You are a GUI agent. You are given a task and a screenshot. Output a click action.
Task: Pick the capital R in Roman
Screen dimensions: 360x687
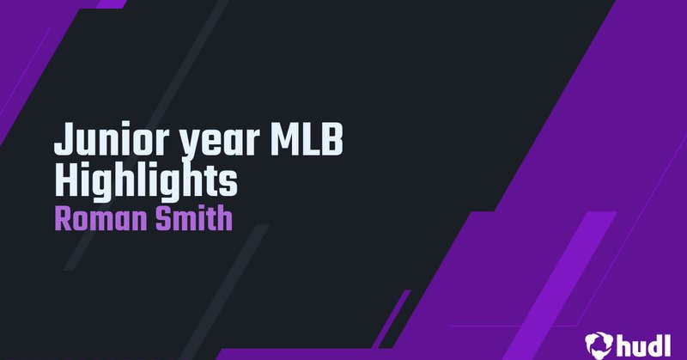(63, 218)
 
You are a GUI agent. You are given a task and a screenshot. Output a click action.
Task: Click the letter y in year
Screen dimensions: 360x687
(164, 145)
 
